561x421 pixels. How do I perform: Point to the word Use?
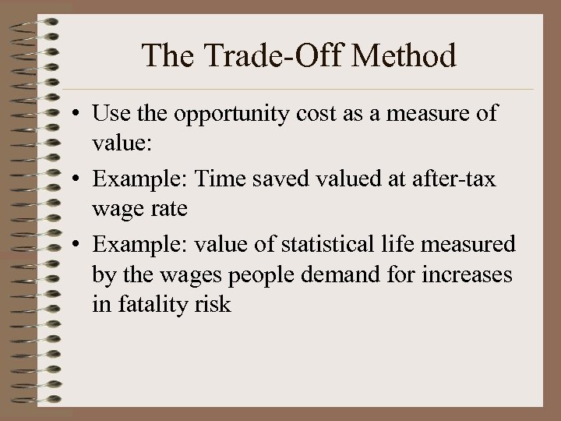(x=110, y=114)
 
